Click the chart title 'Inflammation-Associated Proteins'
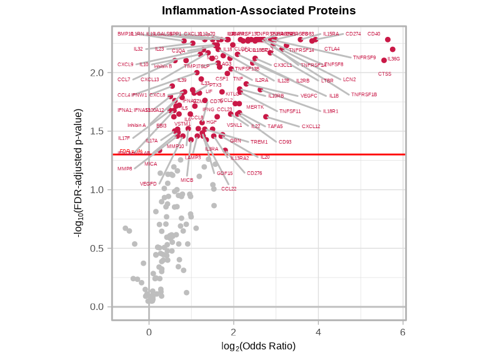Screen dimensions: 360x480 click(x=259, y=11)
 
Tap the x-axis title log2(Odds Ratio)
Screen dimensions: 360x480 click(x=259, y=346)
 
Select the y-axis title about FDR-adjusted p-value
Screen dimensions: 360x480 click(x=79, y=174)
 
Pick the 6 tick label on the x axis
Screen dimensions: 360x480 click(x=403, y=332)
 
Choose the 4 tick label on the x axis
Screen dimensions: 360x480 click(x=318, y=332)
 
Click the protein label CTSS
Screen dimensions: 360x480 click(x=384, y=74)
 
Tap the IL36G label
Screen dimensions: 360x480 click(x=394, y=59)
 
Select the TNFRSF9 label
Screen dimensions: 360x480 click(x=364, y=57)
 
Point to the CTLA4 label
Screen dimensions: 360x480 click(x=332, y=49)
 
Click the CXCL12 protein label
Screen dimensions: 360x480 click(x=311, y=126)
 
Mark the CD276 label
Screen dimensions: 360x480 click(x=254, y=173)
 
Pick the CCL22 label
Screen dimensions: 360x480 click(x=229, y=189)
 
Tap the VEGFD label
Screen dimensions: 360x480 click(x=148, y=184)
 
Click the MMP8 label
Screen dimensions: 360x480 click(x=124, y=169)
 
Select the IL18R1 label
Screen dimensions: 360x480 click(x=330, y=111)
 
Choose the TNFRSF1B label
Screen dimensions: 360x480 click(x=364, y=94)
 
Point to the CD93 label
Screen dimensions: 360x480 click(x=285, y=142)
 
